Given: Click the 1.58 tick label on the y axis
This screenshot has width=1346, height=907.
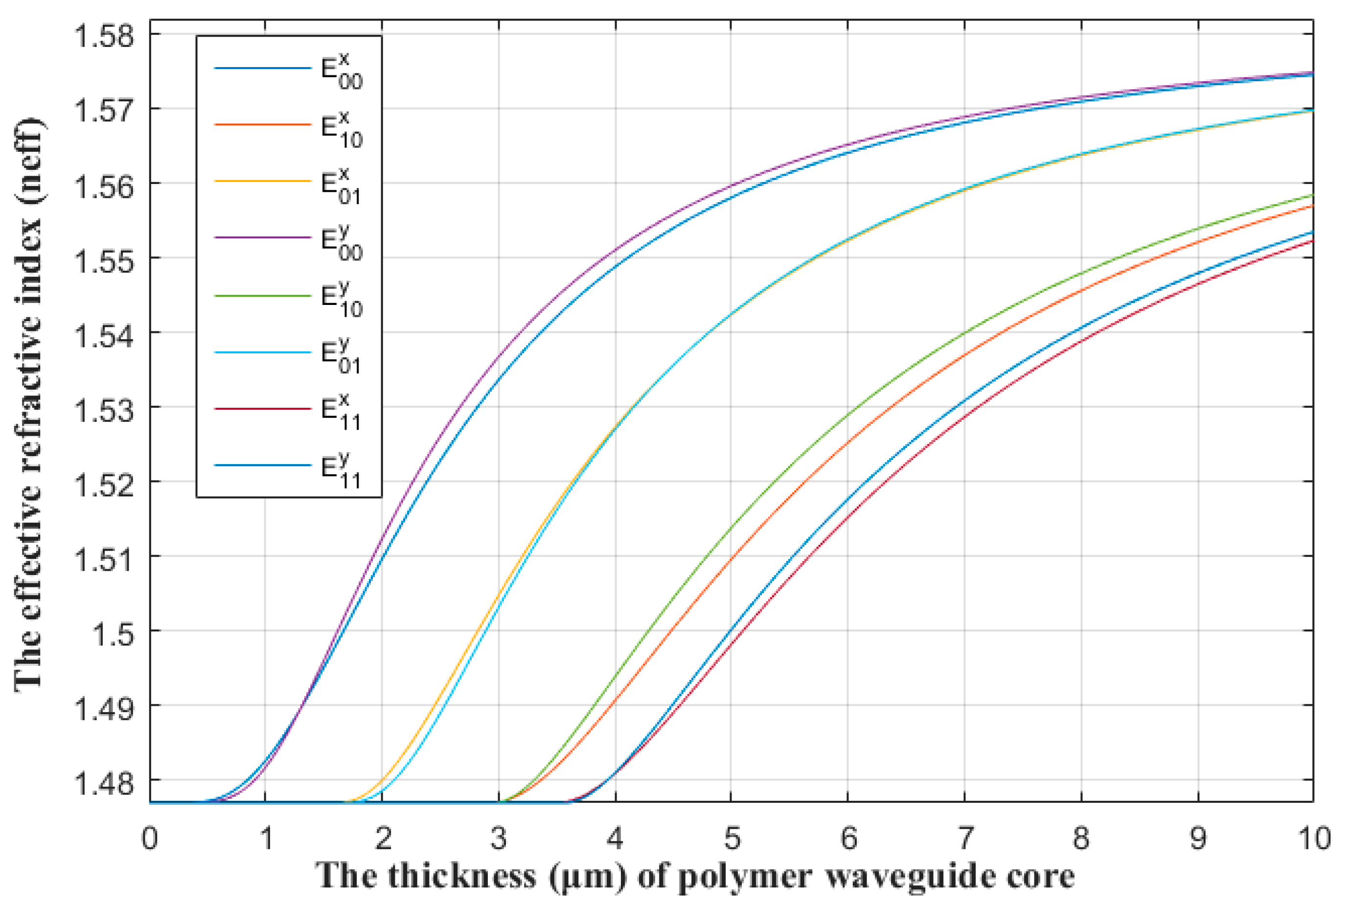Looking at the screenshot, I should pos(104,36).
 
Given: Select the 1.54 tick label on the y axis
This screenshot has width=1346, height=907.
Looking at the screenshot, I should pos(104,335).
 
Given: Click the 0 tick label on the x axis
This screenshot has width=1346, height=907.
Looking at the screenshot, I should pos(150,838).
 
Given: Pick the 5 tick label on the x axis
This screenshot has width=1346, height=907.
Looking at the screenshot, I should pos(731,838).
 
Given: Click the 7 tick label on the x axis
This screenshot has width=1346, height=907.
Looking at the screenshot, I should pos(964,838).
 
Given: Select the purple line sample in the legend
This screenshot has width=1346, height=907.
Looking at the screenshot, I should pos(263,238).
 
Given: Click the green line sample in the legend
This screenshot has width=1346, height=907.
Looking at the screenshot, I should pos(263,296).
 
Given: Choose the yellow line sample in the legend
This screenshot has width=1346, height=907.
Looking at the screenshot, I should pos(263,181).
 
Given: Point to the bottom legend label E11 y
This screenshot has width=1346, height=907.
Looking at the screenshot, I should pos(341,470).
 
